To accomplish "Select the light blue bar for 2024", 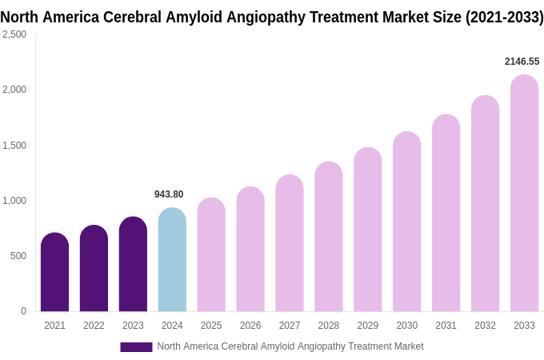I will click(x=172, y=260).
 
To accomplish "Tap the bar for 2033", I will click(x=524, y=194).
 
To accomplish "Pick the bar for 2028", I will click(x=329, y=237).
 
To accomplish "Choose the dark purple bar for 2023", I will click(x=133, y=264).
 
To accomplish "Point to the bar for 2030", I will click(x=406, y=222).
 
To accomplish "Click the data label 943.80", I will click(x=169, y=194).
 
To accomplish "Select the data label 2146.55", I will click(x=522, y=62).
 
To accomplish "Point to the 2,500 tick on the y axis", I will click(x=14, y=34).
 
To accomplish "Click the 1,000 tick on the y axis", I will click(x=14, y=201).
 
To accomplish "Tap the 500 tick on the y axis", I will click(x=18, y=256).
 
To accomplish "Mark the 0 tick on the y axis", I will click(x=23, y=311).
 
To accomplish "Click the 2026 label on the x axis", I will click(x=250, y=326).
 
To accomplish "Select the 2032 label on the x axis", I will click(x=485, y=326).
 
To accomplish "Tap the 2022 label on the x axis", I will click(x=94, y=326).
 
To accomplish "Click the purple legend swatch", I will click(x=136, y=347).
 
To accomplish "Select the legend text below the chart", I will click(x=290, y=346).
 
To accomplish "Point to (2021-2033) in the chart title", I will click(x=504, y=18).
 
